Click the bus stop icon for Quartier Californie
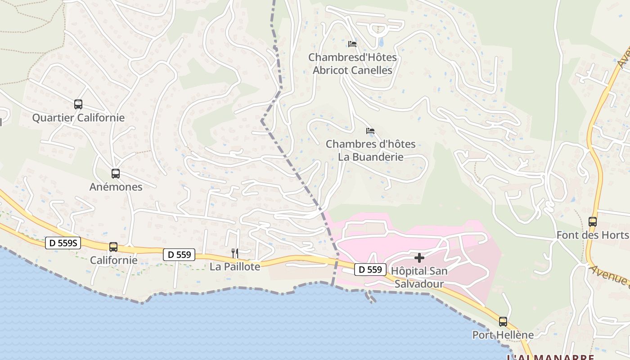(x=78, y=104)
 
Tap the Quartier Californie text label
(x=78, y=118)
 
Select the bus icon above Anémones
(x=116, y=174)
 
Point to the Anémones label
(x=116, y=187)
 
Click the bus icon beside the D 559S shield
(x=113, y=247)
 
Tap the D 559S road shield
(x=63, y=243)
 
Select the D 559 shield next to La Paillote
(x=180, y=255)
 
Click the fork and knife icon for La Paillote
(x=234, y=253)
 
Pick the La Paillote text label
(x=235, y=267)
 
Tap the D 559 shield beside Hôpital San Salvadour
(x=371, y=270)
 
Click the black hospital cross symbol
(x=419, y=258)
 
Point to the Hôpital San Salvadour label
(x=419, y=278)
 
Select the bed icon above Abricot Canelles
(x=352, y=44)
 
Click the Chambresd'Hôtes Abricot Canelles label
(x=352, y=64)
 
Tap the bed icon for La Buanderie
(x=370, y=131)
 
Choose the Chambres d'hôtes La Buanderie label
(x=370, y=151)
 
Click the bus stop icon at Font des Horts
(x=593, y=222)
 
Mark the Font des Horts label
(x=592, y=235)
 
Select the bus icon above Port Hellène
(x=503, y=322)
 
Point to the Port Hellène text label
(x=503, y=335)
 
